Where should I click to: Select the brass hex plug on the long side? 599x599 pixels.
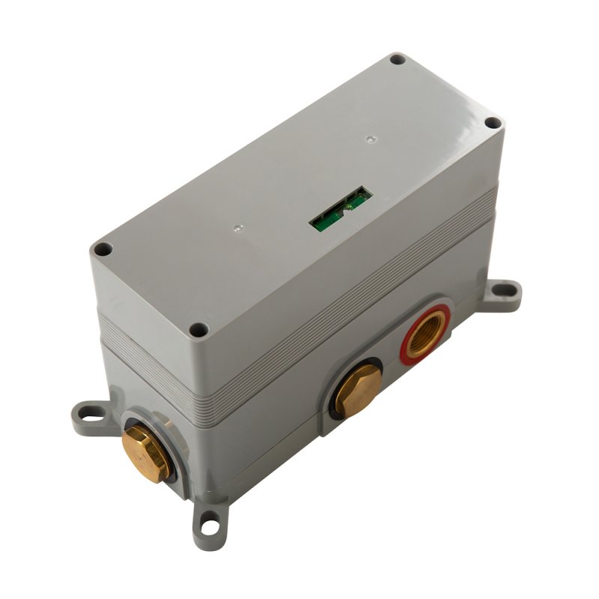(x=354, y=388)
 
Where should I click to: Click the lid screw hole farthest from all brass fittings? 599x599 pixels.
(x=398, y=58)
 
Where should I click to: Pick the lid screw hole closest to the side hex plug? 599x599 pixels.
(x=198, y=329)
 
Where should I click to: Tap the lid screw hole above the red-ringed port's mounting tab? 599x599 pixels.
(x=492, y=123)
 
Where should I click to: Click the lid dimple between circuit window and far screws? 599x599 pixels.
(x=369, y=139)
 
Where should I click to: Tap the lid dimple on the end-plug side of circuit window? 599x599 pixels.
(x=237, y=225)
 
